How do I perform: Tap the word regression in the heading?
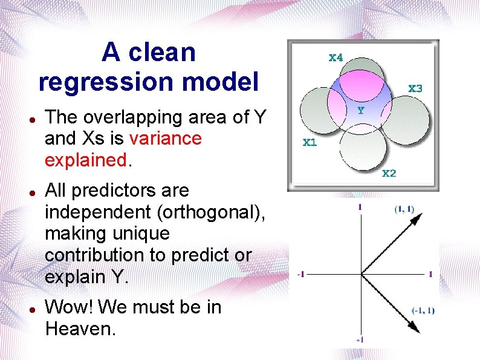pyautogui.click(x=106, y=81)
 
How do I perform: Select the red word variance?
pyautogui.click(x=165, y=139)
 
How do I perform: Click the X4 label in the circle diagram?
pyautogui.click(x=336, y=57)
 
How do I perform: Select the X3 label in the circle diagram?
pyautogui.click(x=415, y=88)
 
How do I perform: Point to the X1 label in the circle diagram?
pyautogui.click(x=309, y=143)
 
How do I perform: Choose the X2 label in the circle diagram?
pyautogui.click(x=389, y=174)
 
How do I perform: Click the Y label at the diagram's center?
pyautogui.click(x=360, y=110)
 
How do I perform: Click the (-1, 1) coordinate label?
pyautogui.click(x=423, y=311)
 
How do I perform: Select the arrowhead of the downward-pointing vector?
pyautogui.click(x=414, y=327)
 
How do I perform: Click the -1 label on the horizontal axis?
pyautogui.click(x=301, y=274)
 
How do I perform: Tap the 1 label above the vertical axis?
pyautogui.click(x=360, y=207)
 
